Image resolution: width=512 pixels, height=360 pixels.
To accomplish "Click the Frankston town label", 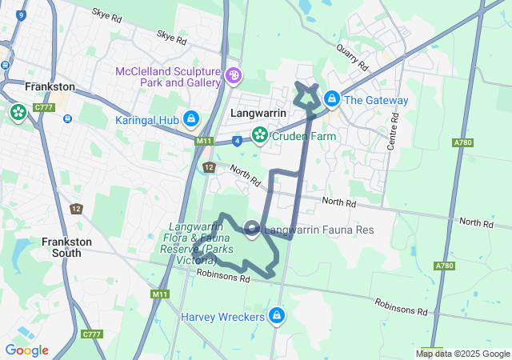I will [x=50, y=86].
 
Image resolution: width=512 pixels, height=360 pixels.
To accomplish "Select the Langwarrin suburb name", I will [x=258, y=114].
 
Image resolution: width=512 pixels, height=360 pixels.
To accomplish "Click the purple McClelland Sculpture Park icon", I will [x=234, y=76].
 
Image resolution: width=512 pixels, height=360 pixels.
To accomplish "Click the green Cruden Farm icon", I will [x=259, y=135].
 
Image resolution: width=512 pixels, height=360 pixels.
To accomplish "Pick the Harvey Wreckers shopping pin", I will [x=277, y=316].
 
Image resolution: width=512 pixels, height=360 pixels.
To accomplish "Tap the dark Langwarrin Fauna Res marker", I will [x=252, y=230].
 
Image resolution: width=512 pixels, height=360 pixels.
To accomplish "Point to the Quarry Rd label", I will [x=351, y=55].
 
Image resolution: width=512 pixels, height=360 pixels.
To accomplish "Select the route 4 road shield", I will [x=238, y=141].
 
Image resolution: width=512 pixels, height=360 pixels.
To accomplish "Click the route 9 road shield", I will [x=20, y=14].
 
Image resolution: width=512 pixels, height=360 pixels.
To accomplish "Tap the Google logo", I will [x=26, y=350].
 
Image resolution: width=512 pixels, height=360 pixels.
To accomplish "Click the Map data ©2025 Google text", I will [x=462, y=354].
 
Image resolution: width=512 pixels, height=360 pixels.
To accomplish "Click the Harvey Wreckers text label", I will [x=222, y=318].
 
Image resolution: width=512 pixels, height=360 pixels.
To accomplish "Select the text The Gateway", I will [x=378, y=100].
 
